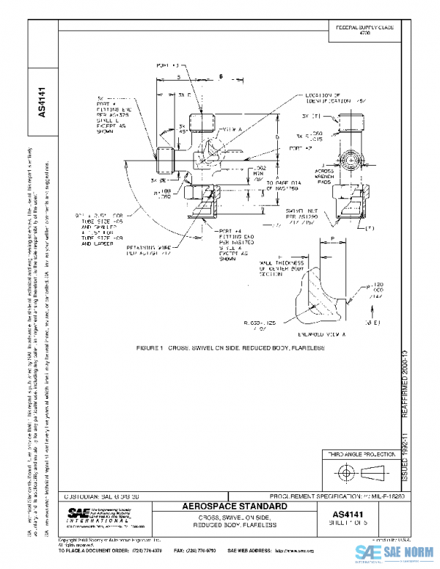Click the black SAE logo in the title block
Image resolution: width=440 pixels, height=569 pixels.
coord(79,513)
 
